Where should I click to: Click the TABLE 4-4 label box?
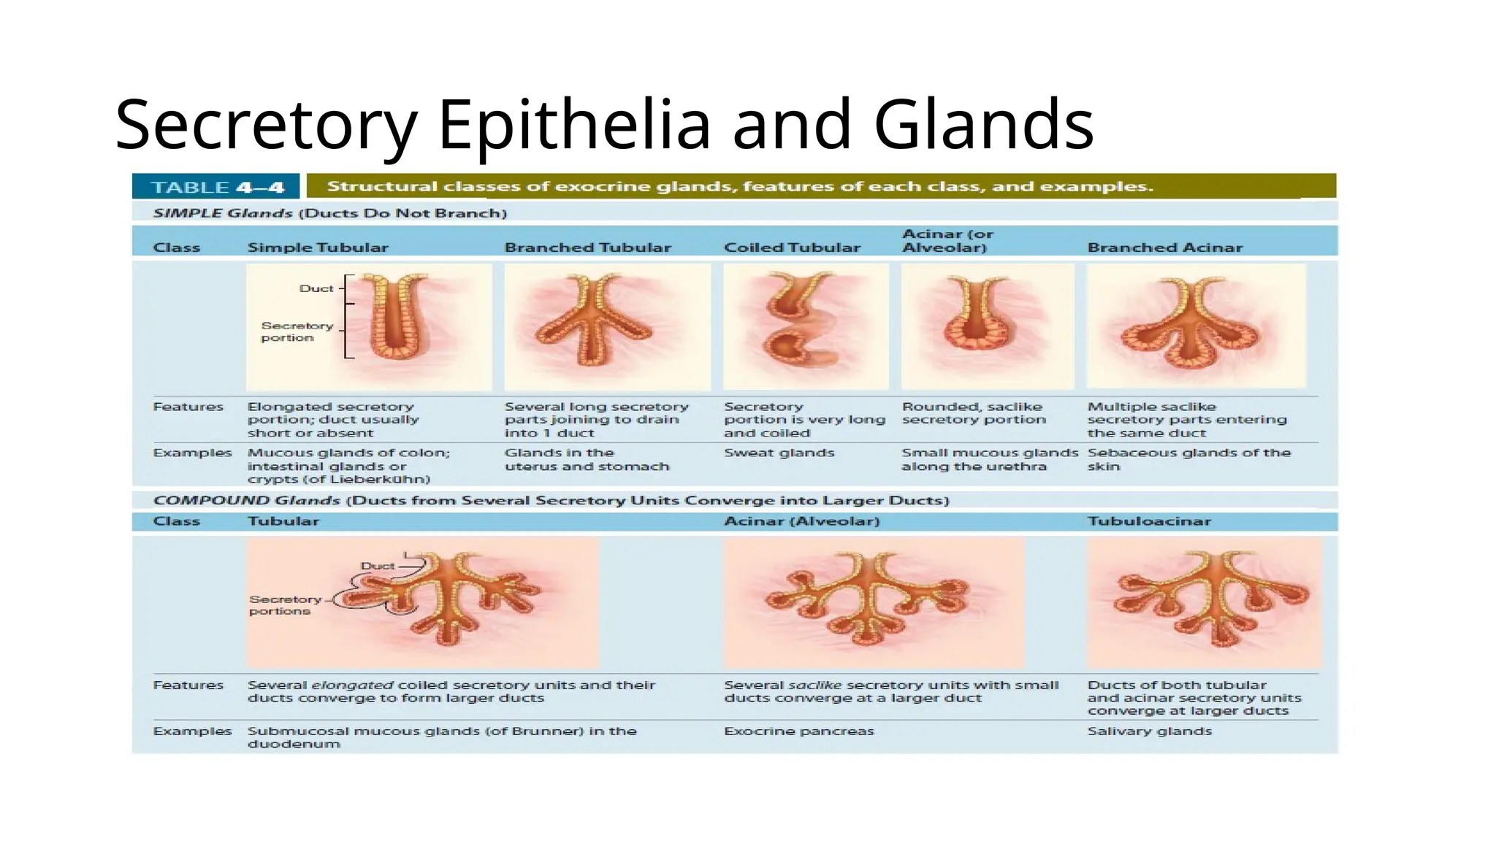pos(216,187)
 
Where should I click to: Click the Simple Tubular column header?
pos(318,247)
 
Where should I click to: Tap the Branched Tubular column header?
pos(587,247)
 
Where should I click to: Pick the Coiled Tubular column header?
pos(792,247)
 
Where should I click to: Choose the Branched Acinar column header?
pos(1164,247)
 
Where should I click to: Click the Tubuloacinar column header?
pos(1149,521)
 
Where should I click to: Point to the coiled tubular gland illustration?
pos(805,326)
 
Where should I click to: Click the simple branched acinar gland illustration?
pos(1195,326)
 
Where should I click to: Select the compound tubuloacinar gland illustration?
pos(1204,602)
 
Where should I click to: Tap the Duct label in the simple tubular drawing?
pos(316,288)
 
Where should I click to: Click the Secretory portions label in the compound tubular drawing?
pos(285,605)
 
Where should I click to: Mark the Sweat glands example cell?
pos(779,453)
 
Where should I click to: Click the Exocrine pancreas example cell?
pos(798,731)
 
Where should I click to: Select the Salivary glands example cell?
pos(1149,731)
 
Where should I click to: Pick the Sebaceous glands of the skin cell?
pos(1188,459)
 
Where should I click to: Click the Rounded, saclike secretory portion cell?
pos(973,413)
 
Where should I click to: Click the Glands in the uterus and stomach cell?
pos(587,459)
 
